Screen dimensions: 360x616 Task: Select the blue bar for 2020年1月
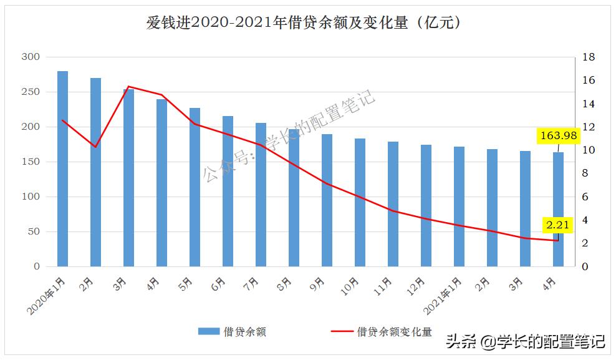click(x=62, y=168)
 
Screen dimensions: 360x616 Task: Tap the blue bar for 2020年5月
click(x=195, y=187)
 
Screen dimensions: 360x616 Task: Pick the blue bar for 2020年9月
click(x=327, y=200)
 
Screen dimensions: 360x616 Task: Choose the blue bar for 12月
click(x=426, y=206)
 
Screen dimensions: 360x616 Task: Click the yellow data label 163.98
click(x=559, y=135)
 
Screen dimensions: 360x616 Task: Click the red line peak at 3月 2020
click(x=128, y=87)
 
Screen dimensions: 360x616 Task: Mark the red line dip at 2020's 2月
click(x=95, y=147)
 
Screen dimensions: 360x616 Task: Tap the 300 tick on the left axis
click(x=31, y=57)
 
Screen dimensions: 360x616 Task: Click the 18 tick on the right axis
click(x=589, y=57)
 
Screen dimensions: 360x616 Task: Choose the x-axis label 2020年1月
click(x=47, y=296)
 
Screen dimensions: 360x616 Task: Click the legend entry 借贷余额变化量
click(x=394, y=332)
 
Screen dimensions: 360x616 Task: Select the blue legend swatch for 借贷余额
click(x=209, y=332)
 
